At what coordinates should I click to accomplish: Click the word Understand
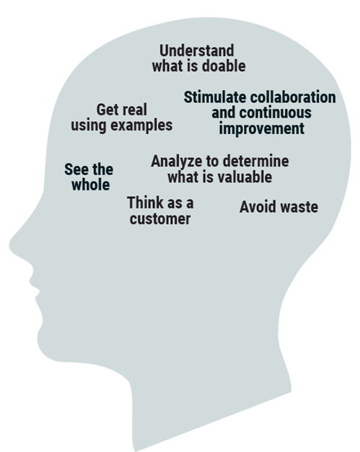pos(197,50)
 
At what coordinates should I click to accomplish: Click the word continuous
pos(275,112)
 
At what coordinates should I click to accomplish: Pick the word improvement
pos(262,129)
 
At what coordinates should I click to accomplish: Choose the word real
pos(134,110)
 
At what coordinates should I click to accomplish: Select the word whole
pos(91,185)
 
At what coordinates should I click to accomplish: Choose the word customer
pos(160,219)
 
